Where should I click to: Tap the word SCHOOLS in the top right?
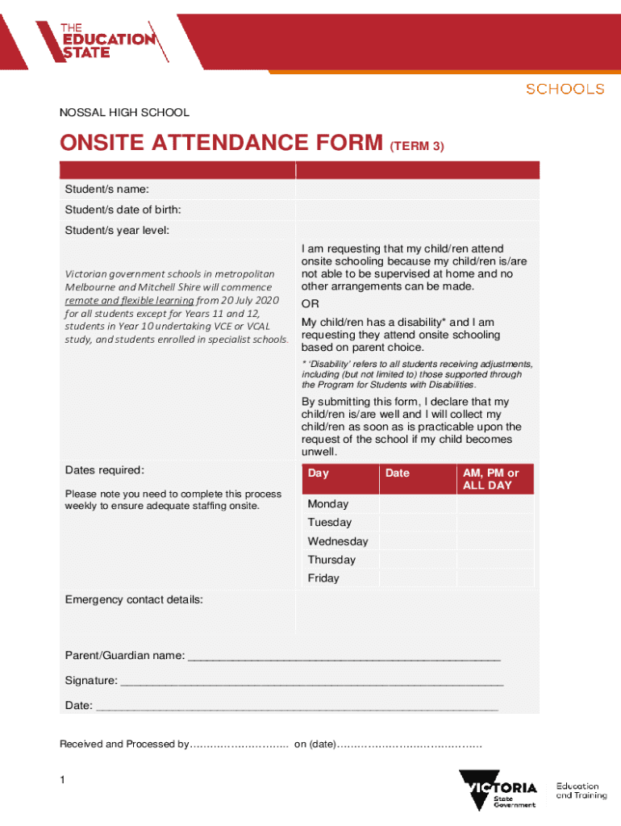[x=565, y=89]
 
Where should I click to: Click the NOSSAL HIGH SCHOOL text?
[x=124, y=113]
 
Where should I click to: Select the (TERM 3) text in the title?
[x=416, y=146]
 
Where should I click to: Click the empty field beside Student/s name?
[x=416, y=189]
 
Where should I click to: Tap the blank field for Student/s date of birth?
[x=416, y=210]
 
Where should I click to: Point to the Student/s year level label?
[x=118, y=231]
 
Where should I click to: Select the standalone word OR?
[x=310, y=304]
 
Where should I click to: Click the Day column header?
[x=319, y=473]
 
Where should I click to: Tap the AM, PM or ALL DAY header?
[x=495, y=479]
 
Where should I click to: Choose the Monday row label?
[x=328, y=504]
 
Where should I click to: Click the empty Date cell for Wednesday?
[x=417, y=541]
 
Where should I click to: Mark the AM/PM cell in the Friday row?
[x=495, y=578]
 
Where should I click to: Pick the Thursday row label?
[x=331, y=560]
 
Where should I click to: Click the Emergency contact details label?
[x=134, y=600]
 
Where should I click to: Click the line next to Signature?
[x=310, y=682]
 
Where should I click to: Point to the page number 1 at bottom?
[x=63, y=781]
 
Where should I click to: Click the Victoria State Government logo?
[x=498, y=791]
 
